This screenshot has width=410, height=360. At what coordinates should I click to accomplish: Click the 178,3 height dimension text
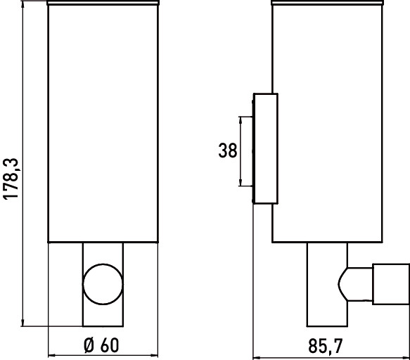click(x=11, y=179)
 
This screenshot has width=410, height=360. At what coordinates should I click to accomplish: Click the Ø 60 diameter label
click(x=101, y=345)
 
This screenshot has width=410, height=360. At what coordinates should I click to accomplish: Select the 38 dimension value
click(x=227, y=150)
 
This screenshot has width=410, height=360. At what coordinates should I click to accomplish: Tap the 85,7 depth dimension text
click(x=326, y=346)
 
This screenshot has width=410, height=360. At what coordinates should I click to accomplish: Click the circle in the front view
click(x=103, y=284)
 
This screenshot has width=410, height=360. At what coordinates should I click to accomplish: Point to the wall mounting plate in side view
click(x=265, y=148)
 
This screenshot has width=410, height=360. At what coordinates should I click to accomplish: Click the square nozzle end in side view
click(x=391, y=284)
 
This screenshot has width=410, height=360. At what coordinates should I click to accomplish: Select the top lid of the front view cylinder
click(x=103, y=3)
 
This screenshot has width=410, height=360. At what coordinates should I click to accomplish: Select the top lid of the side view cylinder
click(x=328, y=3)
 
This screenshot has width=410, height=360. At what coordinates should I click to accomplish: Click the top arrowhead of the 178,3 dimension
click(x=23, y=5)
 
